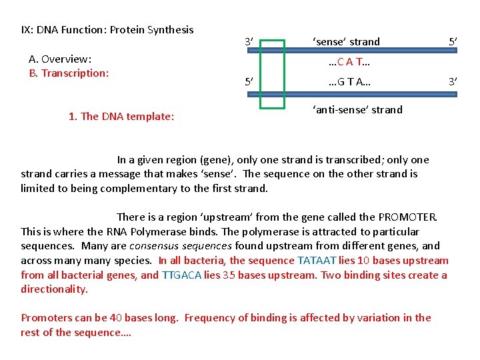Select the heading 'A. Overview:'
coord(61,59)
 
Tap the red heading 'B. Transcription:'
coord(69,73)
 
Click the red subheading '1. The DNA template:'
coord(121,117)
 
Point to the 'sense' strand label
coord(346,41)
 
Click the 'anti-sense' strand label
coord(357,109)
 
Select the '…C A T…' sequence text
coord(350,63)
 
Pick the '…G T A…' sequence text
coord(350,83)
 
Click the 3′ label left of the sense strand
coord(248,42)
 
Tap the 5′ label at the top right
coord(453,42)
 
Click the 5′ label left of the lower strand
coord(248,83)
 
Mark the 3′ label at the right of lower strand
coord(453,82)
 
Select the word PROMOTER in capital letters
coord(407,217)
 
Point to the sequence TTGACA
coord(181,275)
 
